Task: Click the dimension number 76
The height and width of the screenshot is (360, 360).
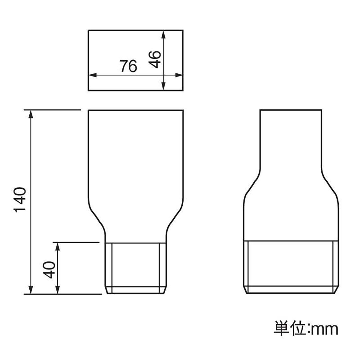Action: [x=128, y=66]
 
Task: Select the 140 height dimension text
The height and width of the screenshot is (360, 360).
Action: [x=20, y=200]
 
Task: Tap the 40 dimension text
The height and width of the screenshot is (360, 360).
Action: [x=49, y=270]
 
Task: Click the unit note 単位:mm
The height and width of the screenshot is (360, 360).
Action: [x=306, y=329]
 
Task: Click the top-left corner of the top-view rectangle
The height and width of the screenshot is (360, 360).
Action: [x=88, y=30]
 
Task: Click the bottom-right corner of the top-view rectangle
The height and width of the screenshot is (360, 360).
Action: [x=183, y=90]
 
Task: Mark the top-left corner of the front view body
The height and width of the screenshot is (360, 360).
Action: [x=89, y=110]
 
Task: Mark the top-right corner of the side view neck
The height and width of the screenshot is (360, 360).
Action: [x=322, y=110]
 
